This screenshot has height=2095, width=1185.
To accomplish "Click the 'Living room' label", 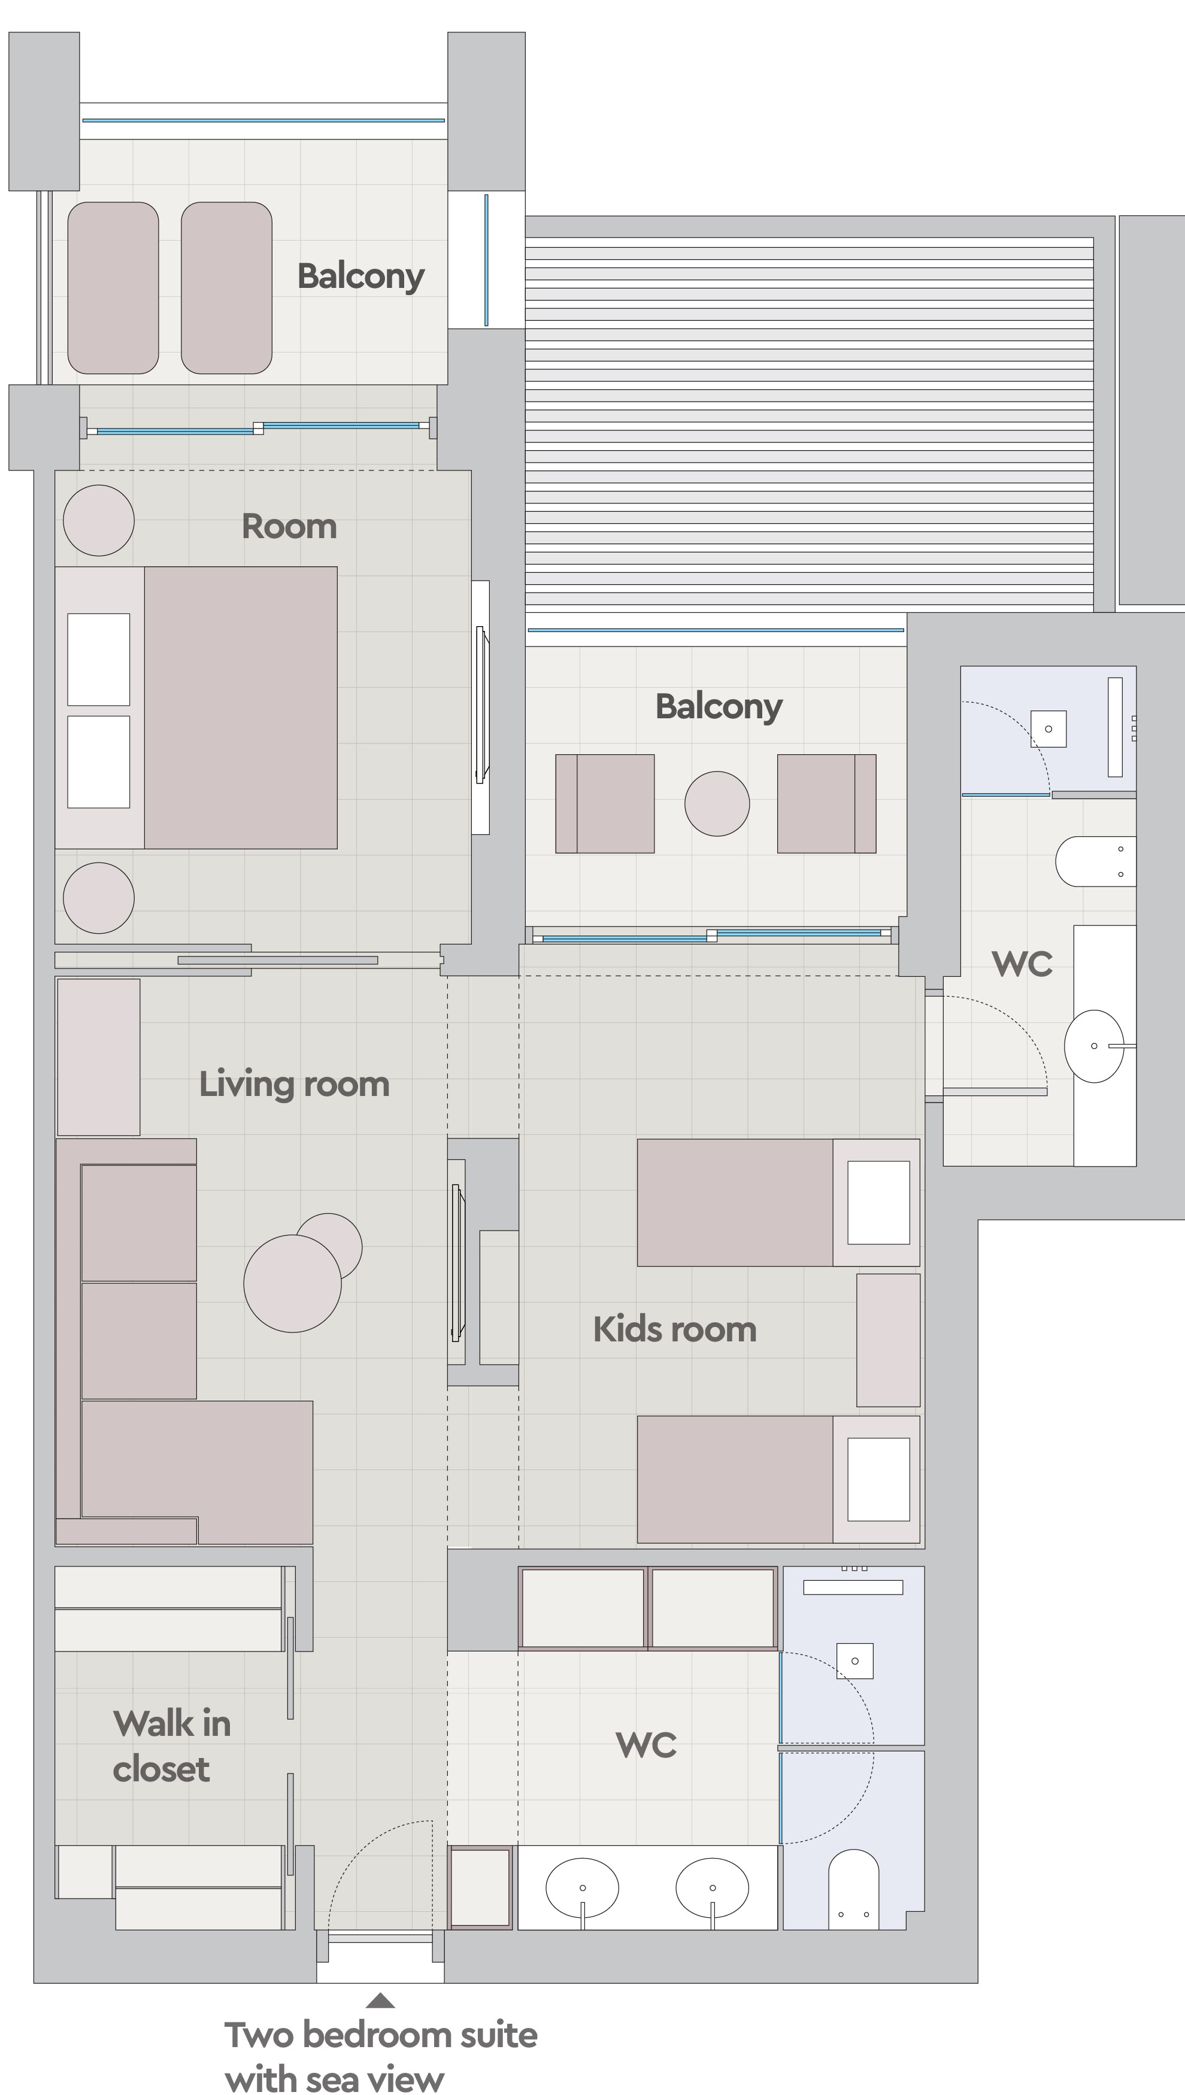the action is (295, 1085).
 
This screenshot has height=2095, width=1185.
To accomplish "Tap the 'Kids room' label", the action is (675, 1329).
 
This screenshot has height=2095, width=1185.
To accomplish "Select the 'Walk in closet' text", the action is (172, 1746).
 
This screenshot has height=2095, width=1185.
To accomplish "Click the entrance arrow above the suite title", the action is (380, 2000).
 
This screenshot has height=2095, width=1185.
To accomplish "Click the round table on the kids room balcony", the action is (717, 804).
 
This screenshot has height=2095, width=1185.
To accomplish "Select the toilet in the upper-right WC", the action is (1095, 861).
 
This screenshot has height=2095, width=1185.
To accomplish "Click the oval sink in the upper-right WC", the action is (1095, 1046).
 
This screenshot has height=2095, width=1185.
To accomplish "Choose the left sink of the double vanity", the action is (582, 1887).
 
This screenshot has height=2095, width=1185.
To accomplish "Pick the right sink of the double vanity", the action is (712, 1887).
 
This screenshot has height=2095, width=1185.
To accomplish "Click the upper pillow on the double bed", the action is (98, 659).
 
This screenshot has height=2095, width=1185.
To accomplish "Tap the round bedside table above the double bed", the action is (98, 521).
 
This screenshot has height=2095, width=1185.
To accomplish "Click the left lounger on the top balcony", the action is (113, 288).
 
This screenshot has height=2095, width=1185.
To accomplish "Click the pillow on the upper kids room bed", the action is (879, 1203).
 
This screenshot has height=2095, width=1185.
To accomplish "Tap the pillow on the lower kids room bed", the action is (879, 1479).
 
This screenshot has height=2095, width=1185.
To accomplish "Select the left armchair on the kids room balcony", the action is (605, 804).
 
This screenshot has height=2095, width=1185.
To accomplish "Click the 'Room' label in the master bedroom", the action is (289, 527).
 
